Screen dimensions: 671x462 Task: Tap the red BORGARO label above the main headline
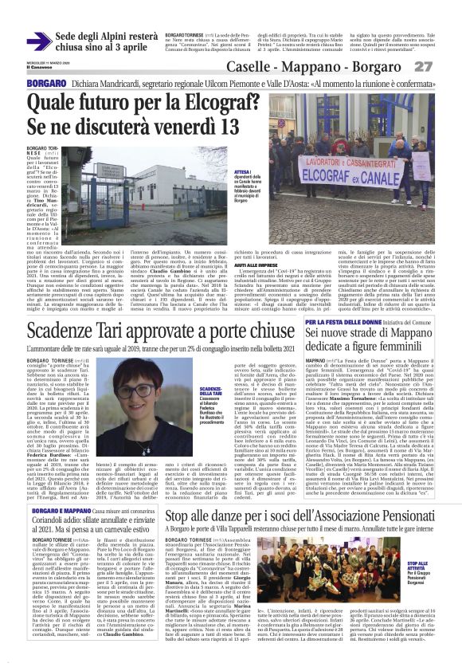tap(41, 83)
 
